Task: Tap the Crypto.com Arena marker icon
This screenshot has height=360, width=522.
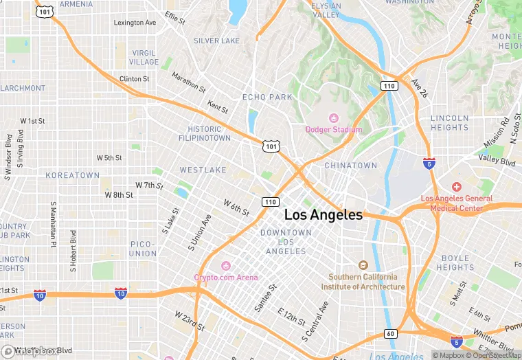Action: pos(226,267)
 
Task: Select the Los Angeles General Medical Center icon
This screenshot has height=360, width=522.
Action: pos(457,188)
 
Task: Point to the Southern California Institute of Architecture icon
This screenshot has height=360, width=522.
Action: pos(363,266)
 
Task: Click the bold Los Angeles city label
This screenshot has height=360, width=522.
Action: pos(323,215)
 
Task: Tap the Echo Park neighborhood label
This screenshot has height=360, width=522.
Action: pos(267,98)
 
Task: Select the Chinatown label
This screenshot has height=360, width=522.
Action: pos(350,166)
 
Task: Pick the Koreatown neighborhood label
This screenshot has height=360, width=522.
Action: pos(73,176)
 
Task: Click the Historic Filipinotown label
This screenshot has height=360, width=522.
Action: pos(209,133)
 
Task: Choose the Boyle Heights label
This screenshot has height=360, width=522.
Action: pos(455,262)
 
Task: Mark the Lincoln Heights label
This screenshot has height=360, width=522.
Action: pos(450,122)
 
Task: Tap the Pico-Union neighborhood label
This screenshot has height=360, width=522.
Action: pos(143,249)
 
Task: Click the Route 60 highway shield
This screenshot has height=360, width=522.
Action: pos(389,334)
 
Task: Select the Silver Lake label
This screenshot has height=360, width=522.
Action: pos(216,41)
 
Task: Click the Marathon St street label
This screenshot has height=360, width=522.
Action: pos(188,82)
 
